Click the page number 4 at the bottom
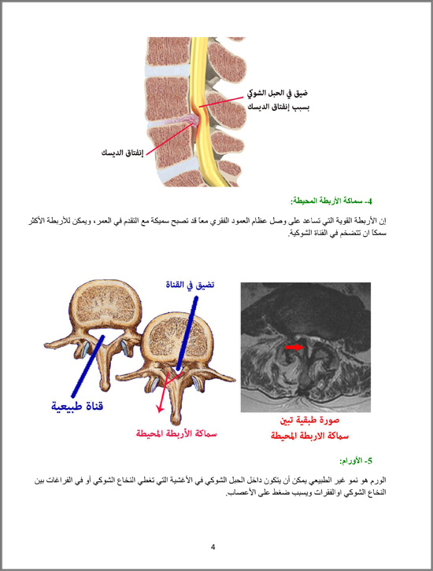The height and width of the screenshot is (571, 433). [x=213, y=547]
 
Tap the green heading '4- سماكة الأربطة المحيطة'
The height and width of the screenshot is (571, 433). [x=331, y=201]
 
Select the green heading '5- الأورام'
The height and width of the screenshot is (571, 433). [x=356, y=461]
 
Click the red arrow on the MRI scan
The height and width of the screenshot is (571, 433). [x=294, y=347]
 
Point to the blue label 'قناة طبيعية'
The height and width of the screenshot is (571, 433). [x=77, y=406]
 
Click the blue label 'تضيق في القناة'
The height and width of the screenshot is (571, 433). [x=190, y=285]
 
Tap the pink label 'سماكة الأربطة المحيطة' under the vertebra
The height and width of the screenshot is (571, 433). [x=176, y=433]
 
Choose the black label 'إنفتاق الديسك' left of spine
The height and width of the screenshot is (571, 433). [x=122, y=153]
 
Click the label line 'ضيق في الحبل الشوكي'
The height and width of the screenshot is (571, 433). [x=278, y=94]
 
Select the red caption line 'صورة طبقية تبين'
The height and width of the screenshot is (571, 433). [x=309, y=420]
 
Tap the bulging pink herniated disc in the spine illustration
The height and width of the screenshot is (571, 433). [x=191, y=120]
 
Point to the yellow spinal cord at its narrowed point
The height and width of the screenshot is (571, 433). [x=200, y=110]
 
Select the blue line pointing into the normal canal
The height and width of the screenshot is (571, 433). [x=87, y=367]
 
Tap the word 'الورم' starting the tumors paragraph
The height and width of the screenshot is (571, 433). [x=379, y=481]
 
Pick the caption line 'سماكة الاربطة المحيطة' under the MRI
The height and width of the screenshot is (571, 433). [x=309, y=436]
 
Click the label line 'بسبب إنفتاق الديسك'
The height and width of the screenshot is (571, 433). [x=279, y=107]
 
